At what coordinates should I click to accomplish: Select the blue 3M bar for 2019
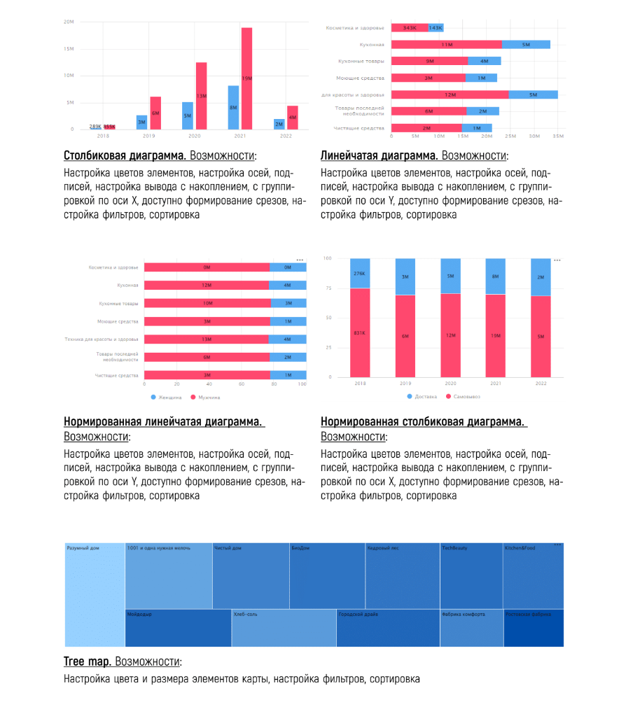pyautogui.click(x=141, y=122)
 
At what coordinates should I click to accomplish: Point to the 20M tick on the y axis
pyautogui.click(x=69, y=22)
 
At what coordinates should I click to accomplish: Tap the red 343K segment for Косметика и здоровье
pyautogui.click(x=410, y=28)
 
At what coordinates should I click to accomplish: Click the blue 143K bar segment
pyautogui.click(x=436, y=28)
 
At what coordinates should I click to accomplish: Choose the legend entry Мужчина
pyautogui.click(x=208, y=398)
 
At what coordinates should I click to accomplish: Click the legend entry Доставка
pyautogui.click(x=422, y=397)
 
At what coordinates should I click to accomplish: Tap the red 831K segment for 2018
pyautogui.click(x=361, y=332)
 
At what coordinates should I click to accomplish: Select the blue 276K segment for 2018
pyautogui.click(x=361, y=274)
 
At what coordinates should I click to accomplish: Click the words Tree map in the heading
pyautogui.click(x=88, y=661)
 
